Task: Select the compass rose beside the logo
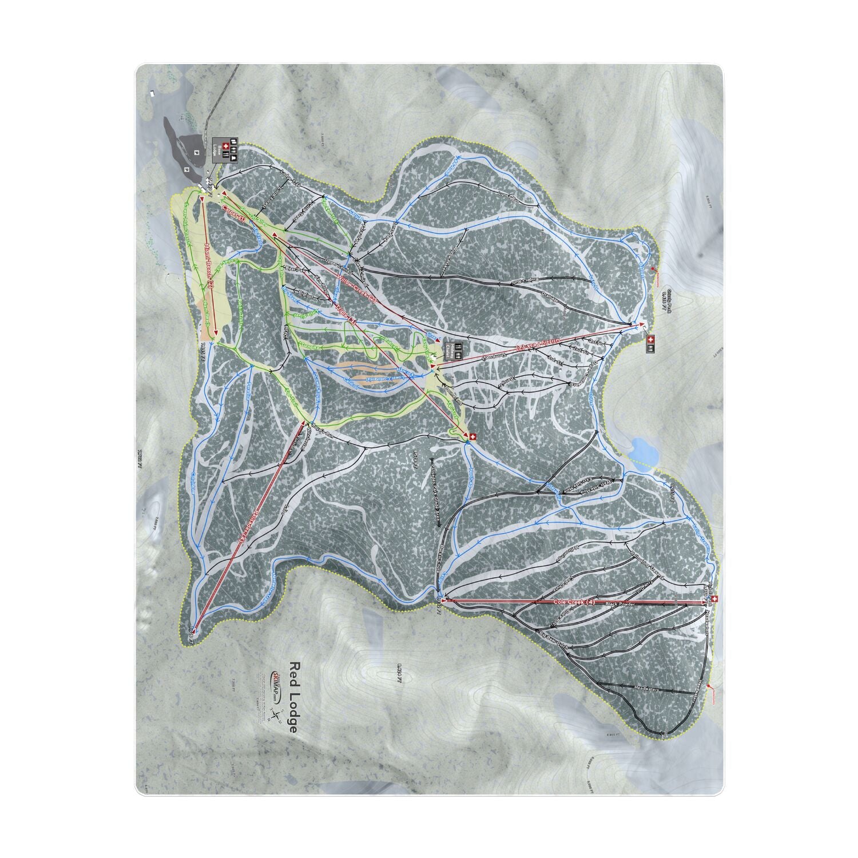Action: (276, 716)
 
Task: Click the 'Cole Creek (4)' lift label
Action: (575, 602)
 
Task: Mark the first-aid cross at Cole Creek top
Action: (714, 599)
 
